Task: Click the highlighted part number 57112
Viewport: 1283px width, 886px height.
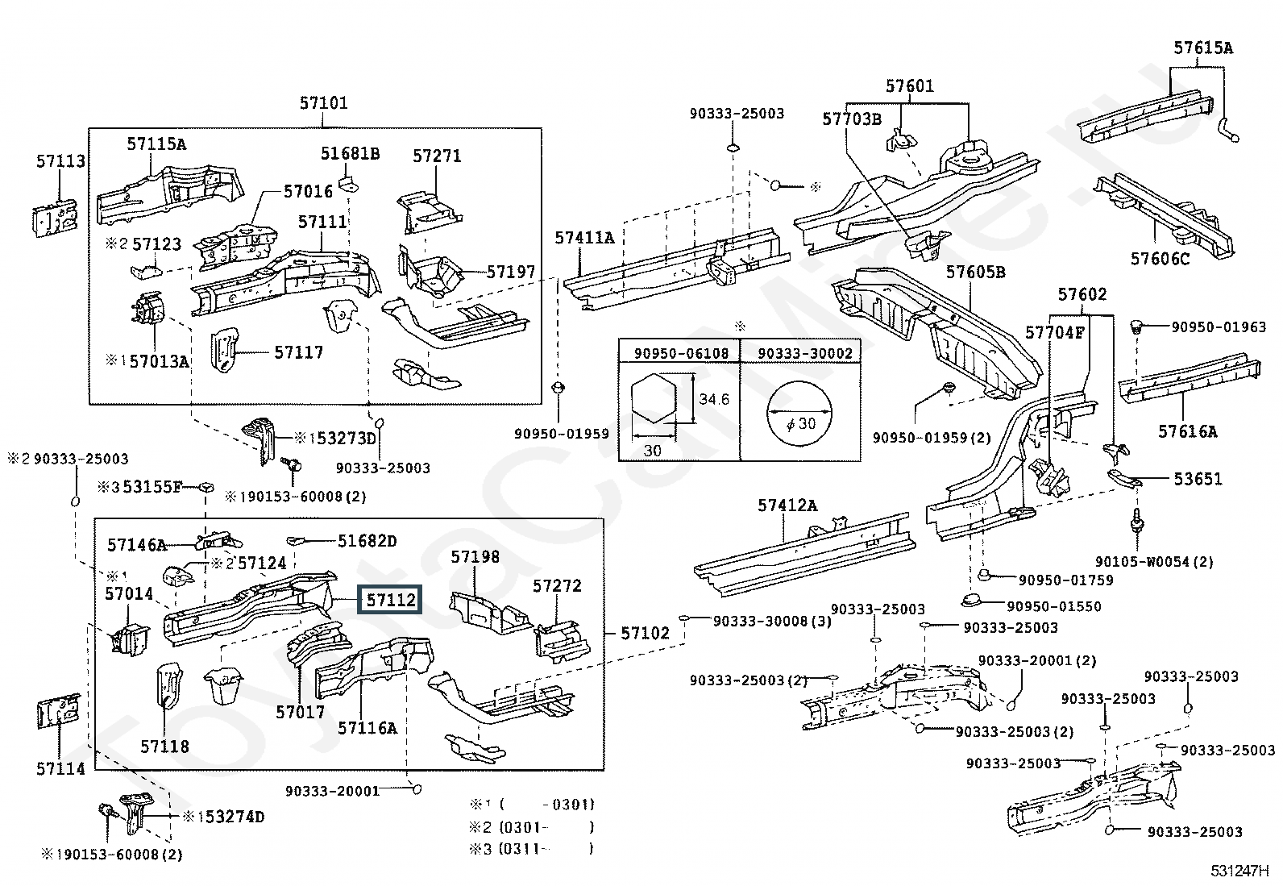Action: coord(390,600)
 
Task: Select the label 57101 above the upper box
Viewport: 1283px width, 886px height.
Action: coord(324,103)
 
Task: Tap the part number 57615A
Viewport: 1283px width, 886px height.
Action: coord(1202,48)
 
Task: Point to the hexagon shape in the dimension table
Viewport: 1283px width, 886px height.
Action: coord(654,397)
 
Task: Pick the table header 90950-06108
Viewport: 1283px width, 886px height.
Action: coord(681,354)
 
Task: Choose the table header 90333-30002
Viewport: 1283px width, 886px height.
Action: coord(805,354)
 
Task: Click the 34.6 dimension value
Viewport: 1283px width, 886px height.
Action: coord(714,399)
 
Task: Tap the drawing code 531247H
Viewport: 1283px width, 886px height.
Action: coord(1239,871)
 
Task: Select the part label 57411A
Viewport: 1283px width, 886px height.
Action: coord(584,237)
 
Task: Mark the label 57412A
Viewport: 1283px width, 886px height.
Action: coord(787,505)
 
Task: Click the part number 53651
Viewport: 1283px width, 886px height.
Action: coord(1198,479)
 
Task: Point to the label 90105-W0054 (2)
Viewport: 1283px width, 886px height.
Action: coord(1154,562)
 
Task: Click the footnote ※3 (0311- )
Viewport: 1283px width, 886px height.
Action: coord(532,848)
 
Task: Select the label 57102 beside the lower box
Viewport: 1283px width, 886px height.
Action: coord(645,634)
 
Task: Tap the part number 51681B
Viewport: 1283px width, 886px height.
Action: coord(350,154)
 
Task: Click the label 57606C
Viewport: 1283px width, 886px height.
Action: coord(1160,259)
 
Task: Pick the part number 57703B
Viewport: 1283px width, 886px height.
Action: coord(852,119)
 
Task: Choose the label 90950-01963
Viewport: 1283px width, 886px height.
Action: coord(1219,327)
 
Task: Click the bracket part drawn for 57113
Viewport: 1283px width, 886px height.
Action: coord(55,217)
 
